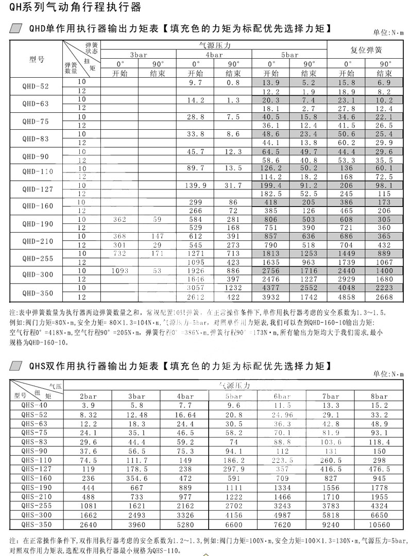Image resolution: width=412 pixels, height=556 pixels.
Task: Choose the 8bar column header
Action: click(x=380, y=396)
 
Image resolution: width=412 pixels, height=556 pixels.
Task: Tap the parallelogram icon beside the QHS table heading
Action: click(x=17, y=367)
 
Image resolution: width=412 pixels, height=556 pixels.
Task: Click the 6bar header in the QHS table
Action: click(x=282, y=396)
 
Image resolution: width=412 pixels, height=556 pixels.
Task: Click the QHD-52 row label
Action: click(x=37, y=86)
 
